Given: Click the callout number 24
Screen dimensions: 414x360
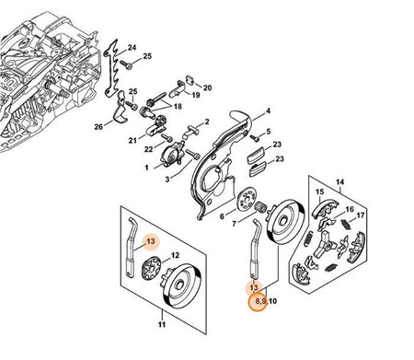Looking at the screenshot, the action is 132,48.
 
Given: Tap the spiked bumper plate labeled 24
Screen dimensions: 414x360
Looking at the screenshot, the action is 111,68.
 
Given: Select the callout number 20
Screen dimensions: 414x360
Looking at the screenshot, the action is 208,87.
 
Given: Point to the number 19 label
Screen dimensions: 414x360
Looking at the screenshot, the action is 196,95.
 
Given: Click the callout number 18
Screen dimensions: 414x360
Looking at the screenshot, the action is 178,106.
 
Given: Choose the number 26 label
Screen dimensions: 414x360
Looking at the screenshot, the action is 98,126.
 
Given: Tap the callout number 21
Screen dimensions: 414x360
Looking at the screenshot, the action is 132,141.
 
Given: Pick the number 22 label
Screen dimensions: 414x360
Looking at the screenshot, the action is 148,149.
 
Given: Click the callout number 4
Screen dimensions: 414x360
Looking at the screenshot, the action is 268,110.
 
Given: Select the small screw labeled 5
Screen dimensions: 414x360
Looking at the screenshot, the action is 255,138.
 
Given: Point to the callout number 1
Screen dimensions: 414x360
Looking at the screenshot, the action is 146,168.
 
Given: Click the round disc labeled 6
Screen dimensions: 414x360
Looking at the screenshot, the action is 247,201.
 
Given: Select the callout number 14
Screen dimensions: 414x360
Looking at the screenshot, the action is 339,182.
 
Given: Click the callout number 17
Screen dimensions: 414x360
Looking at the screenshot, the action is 361,215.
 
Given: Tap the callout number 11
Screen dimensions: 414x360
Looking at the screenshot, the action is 162,324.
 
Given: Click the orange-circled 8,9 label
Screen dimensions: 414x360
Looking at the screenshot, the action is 260,301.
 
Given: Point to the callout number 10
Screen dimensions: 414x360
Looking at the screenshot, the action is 272,301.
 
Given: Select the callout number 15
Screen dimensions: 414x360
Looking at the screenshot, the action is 319,192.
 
